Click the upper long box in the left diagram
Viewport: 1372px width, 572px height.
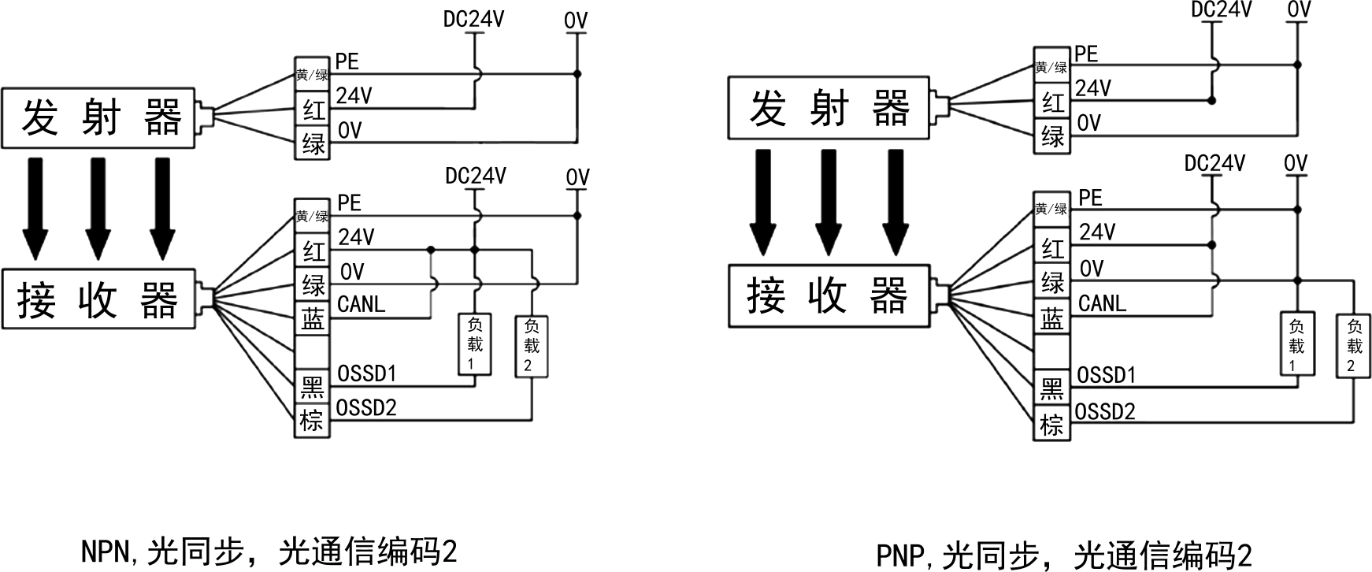tap(98, 117)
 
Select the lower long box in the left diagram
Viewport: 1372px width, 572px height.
tap(98, 299)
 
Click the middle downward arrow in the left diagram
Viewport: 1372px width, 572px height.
tap(97, 209)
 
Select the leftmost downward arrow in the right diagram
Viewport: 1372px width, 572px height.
tap(762, 203)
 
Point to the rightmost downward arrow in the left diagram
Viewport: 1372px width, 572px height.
tap(161, 209)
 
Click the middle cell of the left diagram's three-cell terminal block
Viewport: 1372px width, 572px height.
tap(312, 108)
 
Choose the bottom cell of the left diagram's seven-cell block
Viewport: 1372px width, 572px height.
tap(312, 420)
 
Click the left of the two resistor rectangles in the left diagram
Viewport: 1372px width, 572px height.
tap(475, 344)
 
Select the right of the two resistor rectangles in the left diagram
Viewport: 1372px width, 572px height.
tap(532, 347)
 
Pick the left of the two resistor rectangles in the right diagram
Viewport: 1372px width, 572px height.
tap(1297, 344)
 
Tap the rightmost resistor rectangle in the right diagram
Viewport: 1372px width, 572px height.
tap(1353, 345)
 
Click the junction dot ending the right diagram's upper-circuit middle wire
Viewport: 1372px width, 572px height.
tap(1212, 101)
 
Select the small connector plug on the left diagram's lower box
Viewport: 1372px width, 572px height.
tap(203, 299)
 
